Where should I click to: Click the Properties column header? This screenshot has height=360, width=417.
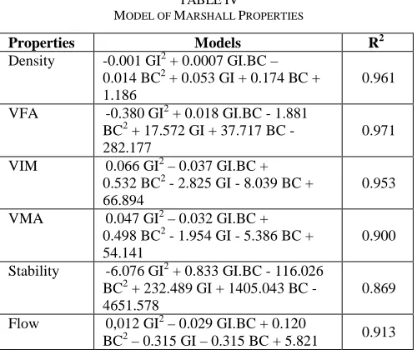pos(42,43)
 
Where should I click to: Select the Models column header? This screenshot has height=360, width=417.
pos(218,42)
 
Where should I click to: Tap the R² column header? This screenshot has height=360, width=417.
pos(376,42)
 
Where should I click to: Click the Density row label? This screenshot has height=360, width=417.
pos(32,61)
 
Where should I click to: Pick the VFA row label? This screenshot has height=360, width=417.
pos(23,113)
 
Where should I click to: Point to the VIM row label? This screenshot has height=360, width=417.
pos(23,166)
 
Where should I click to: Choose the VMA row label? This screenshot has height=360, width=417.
pos(26,218)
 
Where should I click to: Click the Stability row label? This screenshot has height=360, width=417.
pos(33,272)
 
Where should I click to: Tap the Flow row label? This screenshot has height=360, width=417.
pos(23,323)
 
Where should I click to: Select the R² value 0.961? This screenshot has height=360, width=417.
pos(378,78)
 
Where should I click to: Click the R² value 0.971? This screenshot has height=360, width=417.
pos(378,131)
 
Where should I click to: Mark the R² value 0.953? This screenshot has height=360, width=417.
pos(379,183)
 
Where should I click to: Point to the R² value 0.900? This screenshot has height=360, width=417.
pos(379,236)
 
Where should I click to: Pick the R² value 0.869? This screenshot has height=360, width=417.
pos(379,288)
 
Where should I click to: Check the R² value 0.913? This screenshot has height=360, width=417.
pos(379,332)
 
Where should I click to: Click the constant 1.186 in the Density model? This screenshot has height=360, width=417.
pos(120,95)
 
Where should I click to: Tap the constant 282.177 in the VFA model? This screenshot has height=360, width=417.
pos(127,147)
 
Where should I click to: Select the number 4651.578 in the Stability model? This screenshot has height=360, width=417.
pos(131,305)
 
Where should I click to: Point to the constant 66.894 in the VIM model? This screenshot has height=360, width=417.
pos(123,200)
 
